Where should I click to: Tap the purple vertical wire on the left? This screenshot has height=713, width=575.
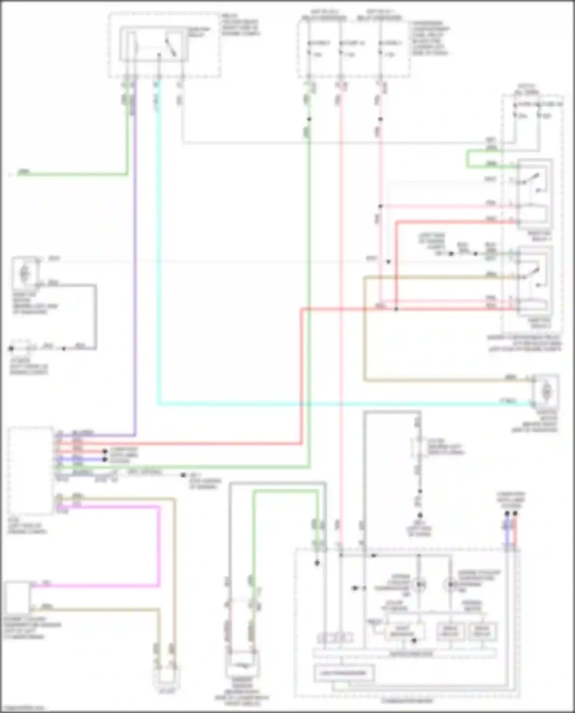135,268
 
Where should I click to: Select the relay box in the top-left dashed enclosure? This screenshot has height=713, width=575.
153,44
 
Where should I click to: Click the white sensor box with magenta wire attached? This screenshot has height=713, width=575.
17,598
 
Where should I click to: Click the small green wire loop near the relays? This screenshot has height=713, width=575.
468,159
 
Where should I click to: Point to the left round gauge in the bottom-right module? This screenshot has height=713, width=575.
420,585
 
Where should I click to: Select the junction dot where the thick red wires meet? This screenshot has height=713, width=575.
396,309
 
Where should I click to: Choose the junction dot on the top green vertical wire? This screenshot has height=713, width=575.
309,119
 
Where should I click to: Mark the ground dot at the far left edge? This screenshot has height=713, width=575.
11,349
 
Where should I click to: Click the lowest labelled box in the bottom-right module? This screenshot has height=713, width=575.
344,673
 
